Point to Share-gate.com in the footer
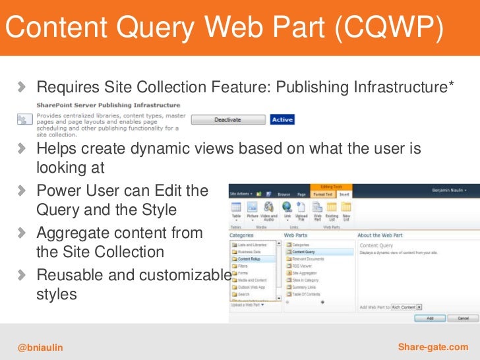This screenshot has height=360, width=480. click(433, 347)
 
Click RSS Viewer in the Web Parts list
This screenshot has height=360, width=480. click(303, 266)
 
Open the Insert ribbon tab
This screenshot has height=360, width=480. click(344, 195)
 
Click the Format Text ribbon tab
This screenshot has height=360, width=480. click(322, 195)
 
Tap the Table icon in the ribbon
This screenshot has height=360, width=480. click(236, 210)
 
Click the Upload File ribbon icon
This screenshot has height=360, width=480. click(302, 210)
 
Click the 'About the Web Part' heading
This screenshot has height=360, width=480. click(383, 235)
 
